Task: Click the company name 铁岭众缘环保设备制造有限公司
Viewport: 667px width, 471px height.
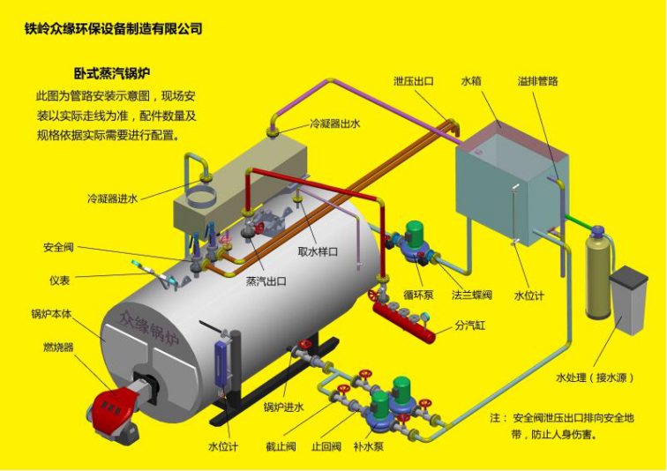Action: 114,28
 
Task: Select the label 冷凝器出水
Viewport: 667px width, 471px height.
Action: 334,124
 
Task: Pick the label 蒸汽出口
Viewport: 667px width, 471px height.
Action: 266,281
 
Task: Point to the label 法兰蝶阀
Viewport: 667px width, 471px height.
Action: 471,294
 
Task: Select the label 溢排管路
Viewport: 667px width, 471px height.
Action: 537,81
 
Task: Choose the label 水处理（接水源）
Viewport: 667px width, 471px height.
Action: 596,378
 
